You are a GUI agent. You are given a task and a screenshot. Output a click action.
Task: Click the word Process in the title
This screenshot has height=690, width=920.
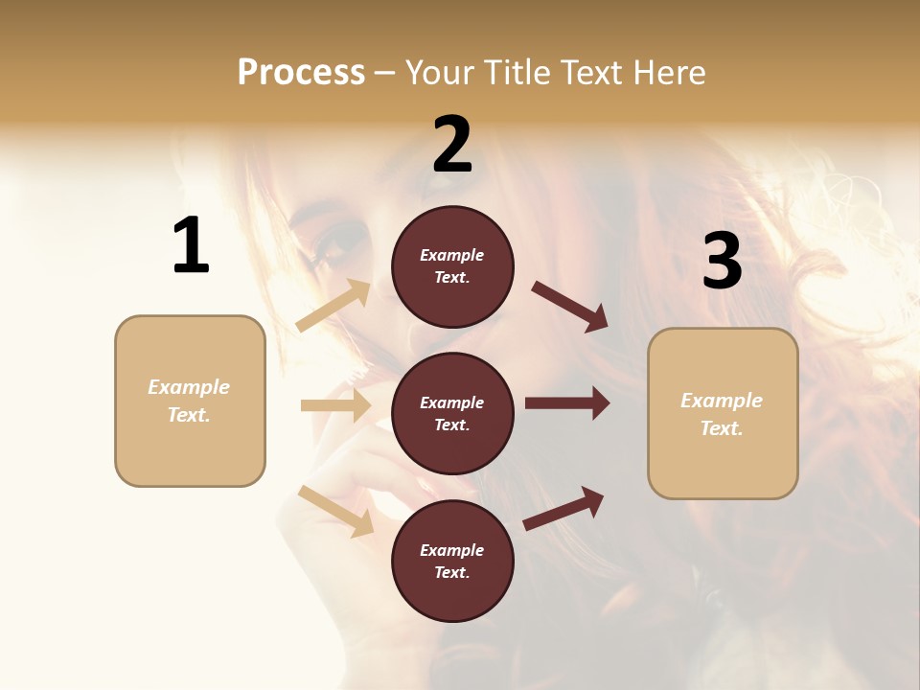point(301,72)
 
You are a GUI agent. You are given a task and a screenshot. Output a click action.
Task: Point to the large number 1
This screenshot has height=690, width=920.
point(191,245)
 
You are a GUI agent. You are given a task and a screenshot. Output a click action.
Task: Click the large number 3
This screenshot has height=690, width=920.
point(722,262)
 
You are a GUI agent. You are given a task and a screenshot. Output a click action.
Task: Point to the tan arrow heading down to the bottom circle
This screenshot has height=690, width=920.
point(336,511)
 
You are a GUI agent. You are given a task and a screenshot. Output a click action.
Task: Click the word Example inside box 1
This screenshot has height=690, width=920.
point(189,387)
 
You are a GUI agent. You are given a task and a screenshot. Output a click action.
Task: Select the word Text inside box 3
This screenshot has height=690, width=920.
point(722,428)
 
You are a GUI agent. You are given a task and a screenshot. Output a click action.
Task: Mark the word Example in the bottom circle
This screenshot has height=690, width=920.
point(451,550)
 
